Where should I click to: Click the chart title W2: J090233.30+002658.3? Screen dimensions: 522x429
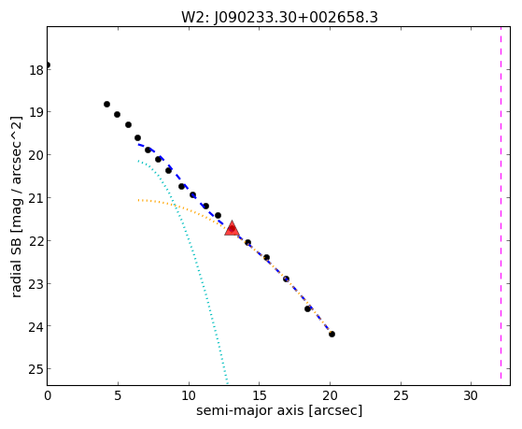[279, 18]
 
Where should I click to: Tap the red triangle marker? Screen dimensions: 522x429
[232, 228]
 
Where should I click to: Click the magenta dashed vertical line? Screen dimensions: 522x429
[501, 203]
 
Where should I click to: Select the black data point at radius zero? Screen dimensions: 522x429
[48, 65]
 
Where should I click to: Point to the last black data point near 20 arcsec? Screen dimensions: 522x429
[332, 334]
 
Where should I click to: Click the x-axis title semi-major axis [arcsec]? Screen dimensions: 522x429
[279, 410]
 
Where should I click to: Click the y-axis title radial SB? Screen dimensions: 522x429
[16, 207]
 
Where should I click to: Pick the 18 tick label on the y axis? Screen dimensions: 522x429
[36, 70]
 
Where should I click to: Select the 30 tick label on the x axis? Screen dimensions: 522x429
[471, 395]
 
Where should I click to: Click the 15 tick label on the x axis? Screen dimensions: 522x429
[259, 395]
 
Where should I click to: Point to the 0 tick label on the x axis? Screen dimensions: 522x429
[48, 395]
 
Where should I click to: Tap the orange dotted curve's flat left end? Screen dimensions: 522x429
[139, 200]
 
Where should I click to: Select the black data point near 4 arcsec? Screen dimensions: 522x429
[106, 105]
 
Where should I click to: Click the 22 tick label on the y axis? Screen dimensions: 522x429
[36, 241]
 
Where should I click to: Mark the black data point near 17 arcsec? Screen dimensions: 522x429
[286, 279]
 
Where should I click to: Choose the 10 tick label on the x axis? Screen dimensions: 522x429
[189, 395]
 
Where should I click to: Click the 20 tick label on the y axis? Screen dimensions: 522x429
[36, 155]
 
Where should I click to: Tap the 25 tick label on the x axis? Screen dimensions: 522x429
[401, 395]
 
